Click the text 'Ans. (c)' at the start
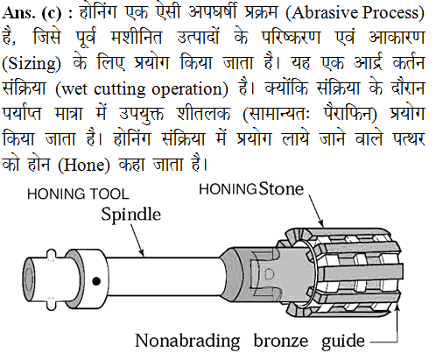pos(32,13)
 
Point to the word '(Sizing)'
pos(32,63)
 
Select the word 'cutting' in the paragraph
pos(120,89)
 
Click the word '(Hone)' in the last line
pos(84,165)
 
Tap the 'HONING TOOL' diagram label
pos(78,194)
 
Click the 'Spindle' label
pos(131,215)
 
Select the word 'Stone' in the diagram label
pos(282,188)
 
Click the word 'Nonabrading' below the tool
pos(187,341)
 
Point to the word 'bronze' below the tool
pos(281,342)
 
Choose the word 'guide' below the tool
pos(343,342)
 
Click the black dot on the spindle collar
pos(96,281)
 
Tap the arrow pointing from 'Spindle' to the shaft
pos(137,241)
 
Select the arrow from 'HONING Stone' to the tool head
pos(316,211)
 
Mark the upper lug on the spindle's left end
pos(52,254)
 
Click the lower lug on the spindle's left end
pos(52,303)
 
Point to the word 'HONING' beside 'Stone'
pos(228,189)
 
